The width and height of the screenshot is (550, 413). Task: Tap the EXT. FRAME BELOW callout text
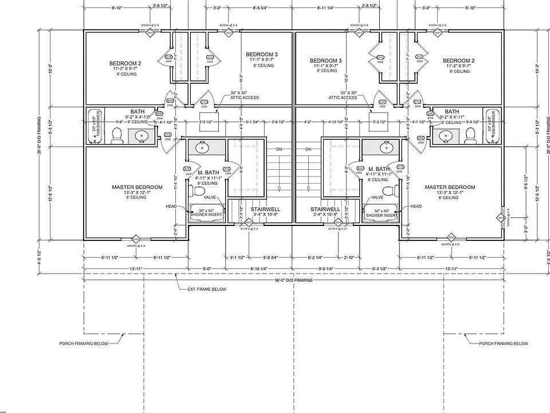(207, 290)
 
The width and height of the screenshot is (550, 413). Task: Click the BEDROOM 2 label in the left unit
(125, 63)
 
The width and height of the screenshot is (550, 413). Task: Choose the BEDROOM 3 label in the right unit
(325, 60)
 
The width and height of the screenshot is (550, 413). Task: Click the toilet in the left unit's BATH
(116, 135)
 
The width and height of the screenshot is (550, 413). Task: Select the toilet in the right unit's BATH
(472, 135)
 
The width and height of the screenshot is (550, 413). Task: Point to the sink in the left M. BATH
(202, 147)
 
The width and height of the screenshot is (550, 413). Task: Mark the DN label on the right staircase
(308, 150)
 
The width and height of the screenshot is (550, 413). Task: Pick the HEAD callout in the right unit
(416, 206)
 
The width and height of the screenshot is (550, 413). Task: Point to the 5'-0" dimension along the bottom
(207, 267)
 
